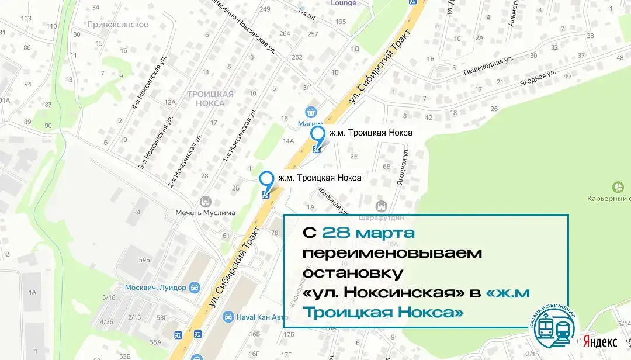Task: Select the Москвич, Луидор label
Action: tap(155, 288)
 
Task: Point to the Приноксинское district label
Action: tap(117, 25)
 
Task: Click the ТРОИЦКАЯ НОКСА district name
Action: tap(210, 98)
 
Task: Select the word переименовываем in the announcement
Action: tap(392, 252)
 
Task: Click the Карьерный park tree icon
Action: tap(617, 188)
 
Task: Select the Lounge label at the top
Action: tap(343, 3)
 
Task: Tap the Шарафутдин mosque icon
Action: tap(382, 206)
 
